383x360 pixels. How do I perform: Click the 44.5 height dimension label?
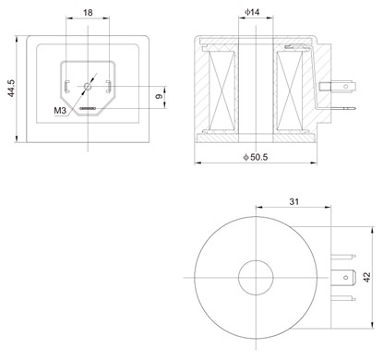point(11,89)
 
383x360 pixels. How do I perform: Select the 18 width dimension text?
point(88,13)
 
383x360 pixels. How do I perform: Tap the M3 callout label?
point(60,111)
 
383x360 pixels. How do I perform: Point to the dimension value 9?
point(159,97)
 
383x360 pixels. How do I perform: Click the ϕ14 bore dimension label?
point(252,12)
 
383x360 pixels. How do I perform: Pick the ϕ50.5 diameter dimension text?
point(256,157)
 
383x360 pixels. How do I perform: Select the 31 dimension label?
point(294,201)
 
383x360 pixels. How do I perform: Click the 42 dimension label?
point(367,277)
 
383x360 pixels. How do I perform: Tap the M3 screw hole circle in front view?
point(88,86)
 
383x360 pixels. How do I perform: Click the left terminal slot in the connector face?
point(66,87)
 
